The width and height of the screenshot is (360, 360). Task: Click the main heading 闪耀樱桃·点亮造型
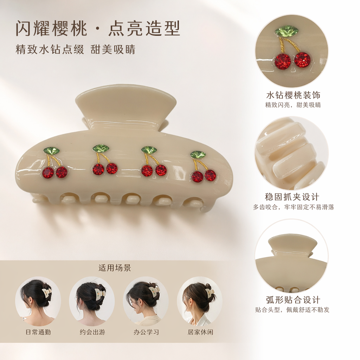98,28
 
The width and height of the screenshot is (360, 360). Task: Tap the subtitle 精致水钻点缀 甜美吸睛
75,49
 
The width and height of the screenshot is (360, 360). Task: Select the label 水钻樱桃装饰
293,95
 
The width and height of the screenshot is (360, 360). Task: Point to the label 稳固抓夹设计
292,197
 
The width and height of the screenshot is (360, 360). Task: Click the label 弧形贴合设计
293,300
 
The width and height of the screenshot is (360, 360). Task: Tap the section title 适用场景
115,268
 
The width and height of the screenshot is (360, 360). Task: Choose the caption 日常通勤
38,332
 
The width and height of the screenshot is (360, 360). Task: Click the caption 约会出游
92,332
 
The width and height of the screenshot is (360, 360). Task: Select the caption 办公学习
146,332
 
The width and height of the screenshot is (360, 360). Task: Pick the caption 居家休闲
200,332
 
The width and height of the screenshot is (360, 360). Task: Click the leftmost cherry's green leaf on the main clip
52,150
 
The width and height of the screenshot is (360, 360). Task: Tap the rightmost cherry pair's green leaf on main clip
198,154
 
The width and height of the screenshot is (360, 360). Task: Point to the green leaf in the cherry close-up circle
287,32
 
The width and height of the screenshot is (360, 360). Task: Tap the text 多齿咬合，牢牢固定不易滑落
294,207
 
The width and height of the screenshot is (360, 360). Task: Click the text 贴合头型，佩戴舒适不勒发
292,310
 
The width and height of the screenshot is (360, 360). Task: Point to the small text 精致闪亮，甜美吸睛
293,105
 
